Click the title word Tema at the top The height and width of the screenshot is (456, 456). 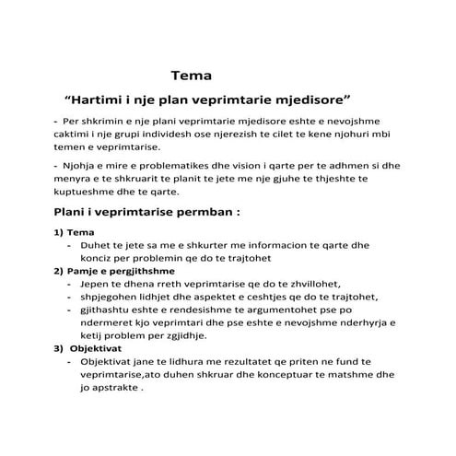tap(191, 76)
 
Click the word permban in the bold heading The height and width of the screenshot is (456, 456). tap(186, 212)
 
